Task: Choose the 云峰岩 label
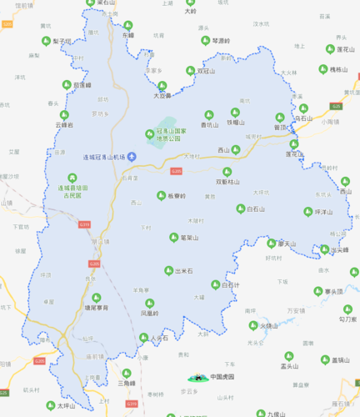tap(64, 125)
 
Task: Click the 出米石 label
tap(184, 271)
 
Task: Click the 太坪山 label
tap(66, 406)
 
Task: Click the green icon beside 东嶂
tap(118, 36)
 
